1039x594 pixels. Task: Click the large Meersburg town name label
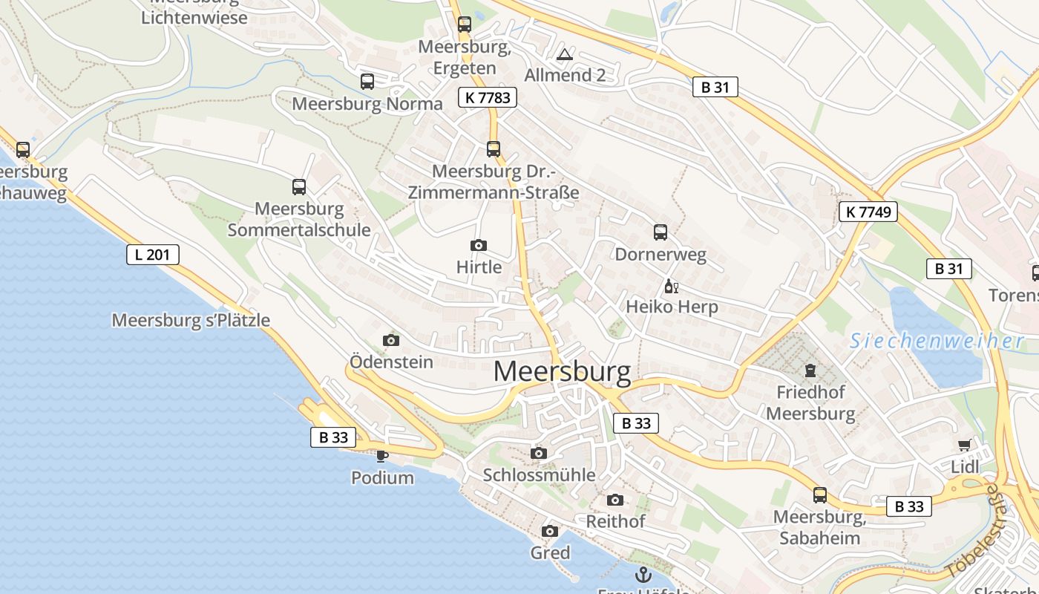click(562, 371)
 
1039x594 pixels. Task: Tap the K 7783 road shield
click(487, 97)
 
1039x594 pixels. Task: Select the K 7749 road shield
click(868, 212)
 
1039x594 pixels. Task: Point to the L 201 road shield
click(152, 255)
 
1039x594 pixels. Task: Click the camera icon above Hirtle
click(479, 245)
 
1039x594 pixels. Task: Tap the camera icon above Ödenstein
click(391, 340)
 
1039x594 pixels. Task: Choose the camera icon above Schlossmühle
click(539, 453)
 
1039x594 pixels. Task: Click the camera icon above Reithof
click(615, 500)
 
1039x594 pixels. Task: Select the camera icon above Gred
click(550, 531)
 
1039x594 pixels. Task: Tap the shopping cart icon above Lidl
click(964, 446)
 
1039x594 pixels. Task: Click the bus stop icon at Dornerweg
click(661, 232)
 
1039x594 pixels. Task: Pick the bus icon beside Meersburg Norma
click(367, 82)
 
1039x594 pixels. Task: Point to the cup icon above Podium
click(382, 456)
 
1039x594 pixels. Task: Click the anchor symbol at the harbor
click(643, 574)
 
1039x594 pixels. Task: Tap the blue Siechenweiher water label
click(937, 341)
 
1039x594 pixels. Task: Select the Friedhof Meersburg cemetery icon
click(810, 370)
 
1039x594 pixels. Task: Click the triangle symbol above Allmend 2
click(565, 54)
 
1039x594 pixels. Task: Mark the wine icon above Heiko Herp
click(672, 286)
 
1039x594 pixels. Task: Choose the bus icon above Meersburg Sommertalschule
click(299, 187)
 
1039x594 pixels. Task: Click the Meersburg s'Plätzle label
click(191, 321)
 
